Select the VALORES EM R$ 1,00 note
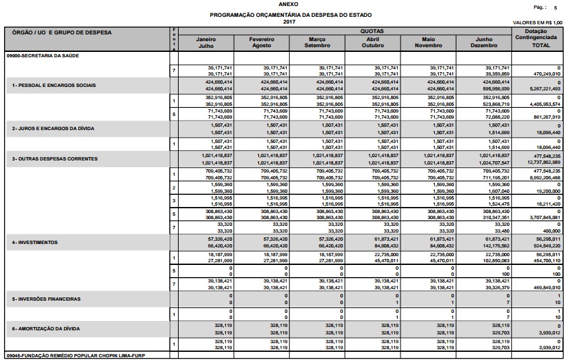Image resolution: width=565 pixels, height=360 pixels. tap(537, 22)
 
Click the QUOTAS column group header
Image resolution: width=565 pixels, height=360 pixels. tap(344, 31)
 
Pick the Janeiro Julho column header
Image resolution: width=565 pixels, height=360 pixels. tap(206, 42)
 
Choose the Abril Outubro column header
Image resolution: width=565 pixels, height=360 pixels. tap(372, 42)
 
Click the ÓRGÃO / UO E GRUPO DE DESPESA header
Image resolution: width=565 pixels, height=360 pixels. tap(61, 32)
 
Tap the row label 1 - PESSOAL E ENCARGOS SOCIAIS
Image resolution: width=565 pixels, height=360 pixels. tap(53, 86)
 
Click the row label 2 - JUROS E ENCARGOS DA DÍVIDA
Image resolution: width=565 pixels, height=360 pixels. tap(54, 127)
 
